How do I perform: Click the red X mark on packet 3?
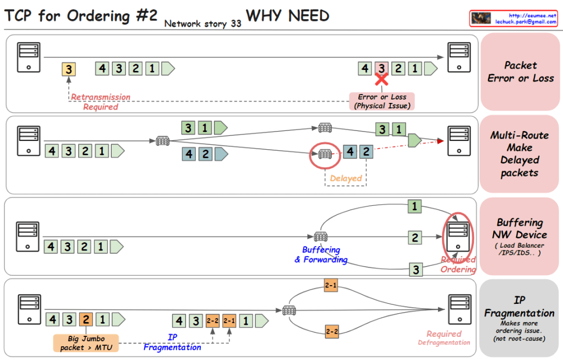coord(381,79)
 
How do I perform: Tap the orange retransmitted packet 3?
coord(68,69)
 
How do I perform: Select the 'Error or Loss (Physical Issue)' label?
coord(382,101)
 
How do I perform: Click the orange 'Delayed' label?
coord(346,178)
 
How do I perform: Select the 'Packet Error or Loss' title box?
coord(520,72)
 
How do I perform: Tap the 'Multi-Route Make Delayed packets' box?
coord(520,154)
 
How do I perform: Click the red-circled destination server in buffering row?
coord(458,234)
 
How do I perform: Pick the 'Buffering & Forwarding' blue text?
coord(321,254)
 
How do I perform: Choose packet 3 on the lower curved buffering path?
coord(415,270)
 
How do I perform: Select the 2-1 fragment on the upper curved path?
coord(331,286)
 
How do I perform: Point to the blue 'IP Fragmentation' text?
coord(172,342)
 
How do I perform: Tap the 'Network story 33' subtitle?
coord(203,24)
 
